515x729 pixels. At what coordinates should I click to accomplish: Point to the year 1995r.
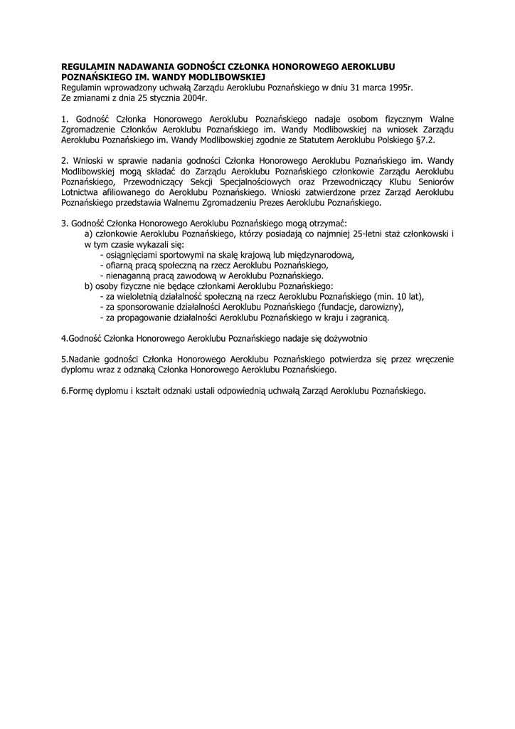tap(397, 86)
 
